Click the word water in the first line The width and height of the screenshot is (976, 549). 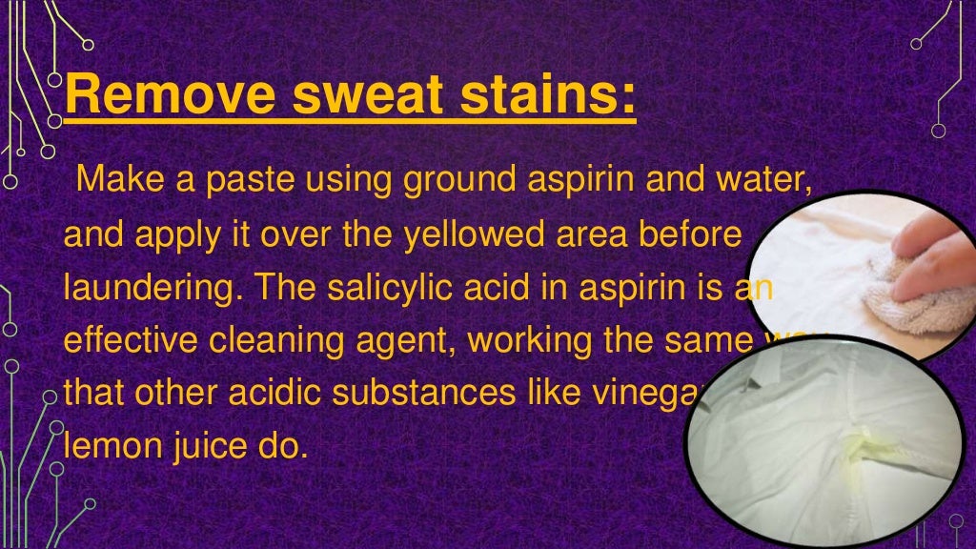pyautogui.click(x=763, y=178)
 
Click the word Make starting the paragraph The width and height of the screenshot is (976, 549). pyautogui.click(x=114, y=178)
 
